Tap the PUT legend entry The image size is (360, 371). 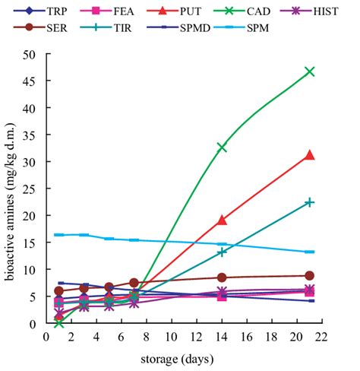pos(185,13)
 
